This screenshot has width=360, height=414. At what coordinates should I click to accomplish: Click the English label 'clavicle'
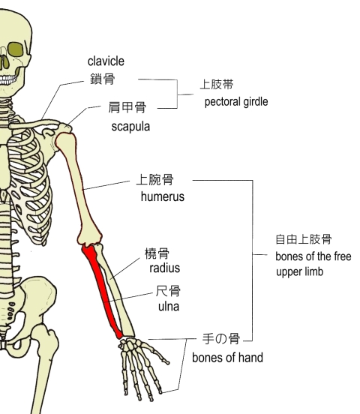[106, 61]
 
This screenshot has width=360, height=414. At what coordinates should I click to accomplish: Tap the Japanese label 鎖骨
[103, 79]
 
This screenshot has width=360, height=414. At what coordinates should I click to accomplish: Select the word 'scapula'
[130, 127]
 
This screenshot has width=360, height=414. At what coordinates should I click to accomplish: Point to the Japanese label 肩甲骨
[127, 107]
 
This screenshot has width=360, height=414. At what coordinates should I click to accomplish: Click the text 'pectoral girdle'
[236, 102]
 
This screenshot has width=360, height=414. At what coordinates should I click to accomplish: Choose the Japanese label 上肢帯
[217, 85]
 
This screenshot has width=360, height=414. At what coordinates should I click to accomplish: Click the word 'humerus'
[163, 196]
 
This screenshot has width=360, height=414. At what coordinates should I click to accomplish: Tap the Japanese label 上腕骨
[154, 179]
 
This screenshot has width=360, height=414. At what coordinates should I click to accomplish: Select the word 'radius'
[164, 268]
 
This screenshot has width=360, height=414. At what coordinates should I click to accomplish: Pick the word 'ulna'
[169, 307]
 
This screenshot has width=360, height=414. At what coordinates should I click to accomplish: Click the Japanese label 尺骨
[168, 291]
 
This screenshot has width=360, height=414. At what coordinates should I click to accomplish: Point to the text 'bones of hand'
[227, 358]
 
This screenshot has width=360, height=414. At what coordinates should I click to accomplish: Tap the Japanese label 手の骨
[221, 338]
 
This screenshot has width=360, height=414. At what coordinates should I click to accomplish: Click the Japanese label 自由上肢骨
[304, 239]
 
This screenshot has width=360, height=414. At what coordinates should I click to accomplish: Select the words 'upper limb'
[299, 272]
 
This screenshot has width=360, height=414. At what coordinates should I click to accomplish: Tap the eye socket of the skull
[16, 49]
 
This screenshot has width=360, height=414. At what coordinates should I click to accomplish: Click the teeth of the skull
[7, 79]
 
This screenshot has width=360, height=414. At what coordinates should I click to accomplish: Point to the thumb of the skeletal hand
[157, 352]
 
